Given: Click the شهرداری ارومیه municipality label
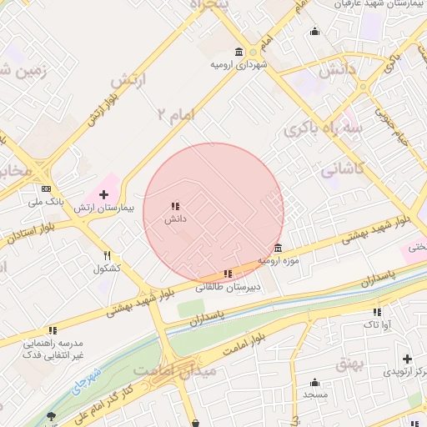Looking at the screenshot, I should pos(239,64).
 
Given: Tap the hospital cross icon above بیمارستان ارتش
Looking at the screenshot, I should pos(103,194).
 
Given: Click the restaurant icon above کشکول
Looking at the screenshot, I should pos(107,256).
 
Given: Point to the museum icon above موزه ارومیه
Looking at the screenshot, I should pos(278,248).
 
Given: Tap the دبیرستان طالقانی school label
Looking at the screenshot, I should pos(228,286).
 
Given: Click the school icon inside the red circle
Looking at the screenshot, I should pos(174,206).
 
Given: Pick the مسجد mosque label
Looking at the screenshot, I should pos(314,393).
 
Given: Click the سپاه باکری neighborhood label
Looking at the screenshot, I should pos(323,129).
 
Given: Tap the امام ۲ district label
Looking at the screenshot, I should pos(172,113).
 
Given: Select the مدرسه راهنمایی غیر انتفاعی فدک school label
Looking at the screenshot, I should pos(52,349).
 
